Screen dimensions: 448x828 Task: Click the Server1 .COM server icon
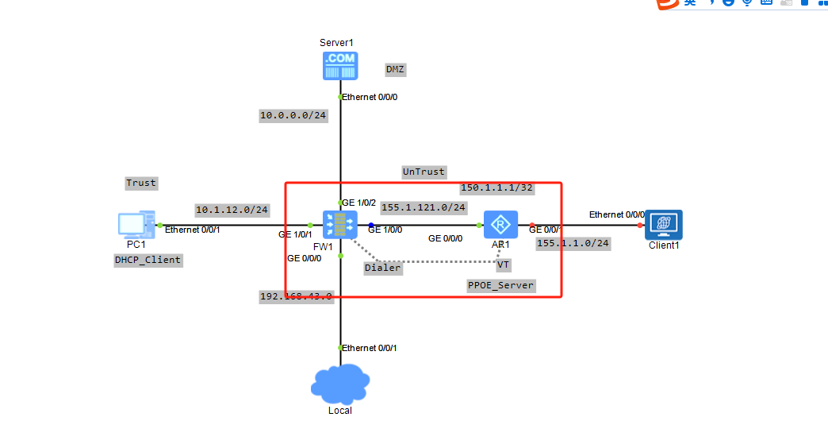(340, 66)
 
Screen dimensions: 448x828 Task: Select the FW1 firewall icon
(340, 224)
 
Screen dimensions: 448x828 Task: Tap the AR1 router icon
(500, 224)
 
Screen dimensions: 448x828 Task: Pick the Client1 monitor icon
(663, 224)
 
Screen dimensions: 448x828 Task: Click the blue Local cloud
(340, 384)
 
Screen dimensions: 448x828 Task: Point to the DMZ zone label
(395, 69)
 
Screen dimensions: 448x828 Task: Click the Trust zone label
(141, 183)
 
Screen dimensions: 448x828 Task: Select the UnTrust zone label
(424, 172)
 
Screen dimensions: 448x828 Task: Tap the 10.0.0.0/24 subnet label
(293, 115)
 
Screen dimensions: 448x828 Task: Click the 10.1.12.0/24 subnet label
(232, 210)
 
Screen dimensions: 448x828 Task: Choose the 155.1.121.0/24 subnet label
(424, 207)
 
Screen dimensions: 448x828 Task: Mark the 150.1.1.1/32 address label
(496, 188)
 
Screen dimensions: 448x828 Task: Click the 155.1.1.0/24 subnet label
(573, 243)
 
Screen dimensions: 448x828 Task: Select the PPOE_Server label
(500, 285)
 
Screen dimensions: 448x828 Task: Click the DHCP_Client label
(148, 260)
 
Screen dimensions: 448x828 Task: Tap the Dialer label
(383, 268)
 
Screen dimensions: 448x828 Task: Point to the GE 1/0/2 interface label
(359, 203)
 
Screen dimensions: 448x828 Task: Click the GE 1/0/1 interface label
(295, 235)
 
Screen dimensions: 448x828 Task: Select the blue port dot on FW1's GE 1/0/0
(370, 225)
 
